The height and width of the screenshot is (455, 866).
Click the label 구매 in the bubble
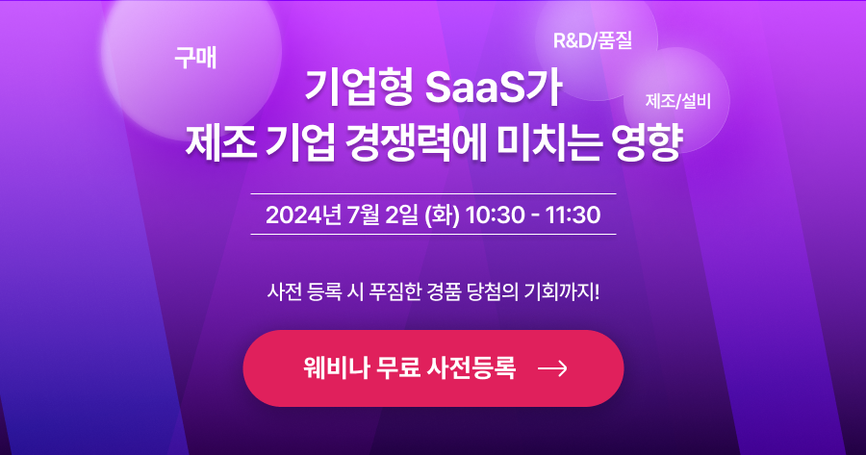coord(195,58)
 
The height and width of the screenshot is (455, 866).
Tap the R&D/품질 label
coord(593,40)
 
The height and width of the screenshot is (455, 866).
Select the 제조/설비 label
coord(678,101)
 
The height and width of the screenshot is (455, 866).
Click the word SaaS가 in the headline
coord(494,88)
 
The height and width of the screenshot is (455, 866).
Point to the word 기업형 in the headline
coord(359,88)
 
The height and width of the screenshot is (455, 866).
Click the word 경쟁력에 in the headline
coord(416,142)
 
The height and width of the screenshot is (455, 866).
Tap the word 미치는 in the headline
coord(549,142)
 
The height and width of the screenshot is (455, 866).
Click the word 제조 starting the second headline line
coord(220,142)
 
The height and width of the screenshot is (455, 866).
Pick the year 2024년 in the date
coord(303,215)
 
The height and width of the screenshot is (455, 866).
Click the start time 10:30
coord(495,215)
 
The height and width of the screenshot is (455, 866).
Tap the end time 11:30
coord(573,215)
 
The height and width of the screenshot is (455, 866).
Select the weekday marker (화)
coord(442,215)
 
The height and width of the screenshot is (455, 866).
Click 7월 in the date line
coord(364,215)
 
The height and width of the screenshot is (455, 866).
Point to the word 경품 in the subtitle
coord(444,291)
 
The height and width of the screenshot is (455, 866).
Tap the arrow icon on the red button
coord(552,368)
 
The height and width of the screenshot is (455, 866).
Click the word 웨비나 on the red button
coord(335,367)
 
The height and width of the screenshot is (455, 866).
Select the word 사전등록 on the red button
coord(471,367)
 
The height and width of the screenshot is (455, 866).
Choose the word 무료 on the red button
coord(397,367)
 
